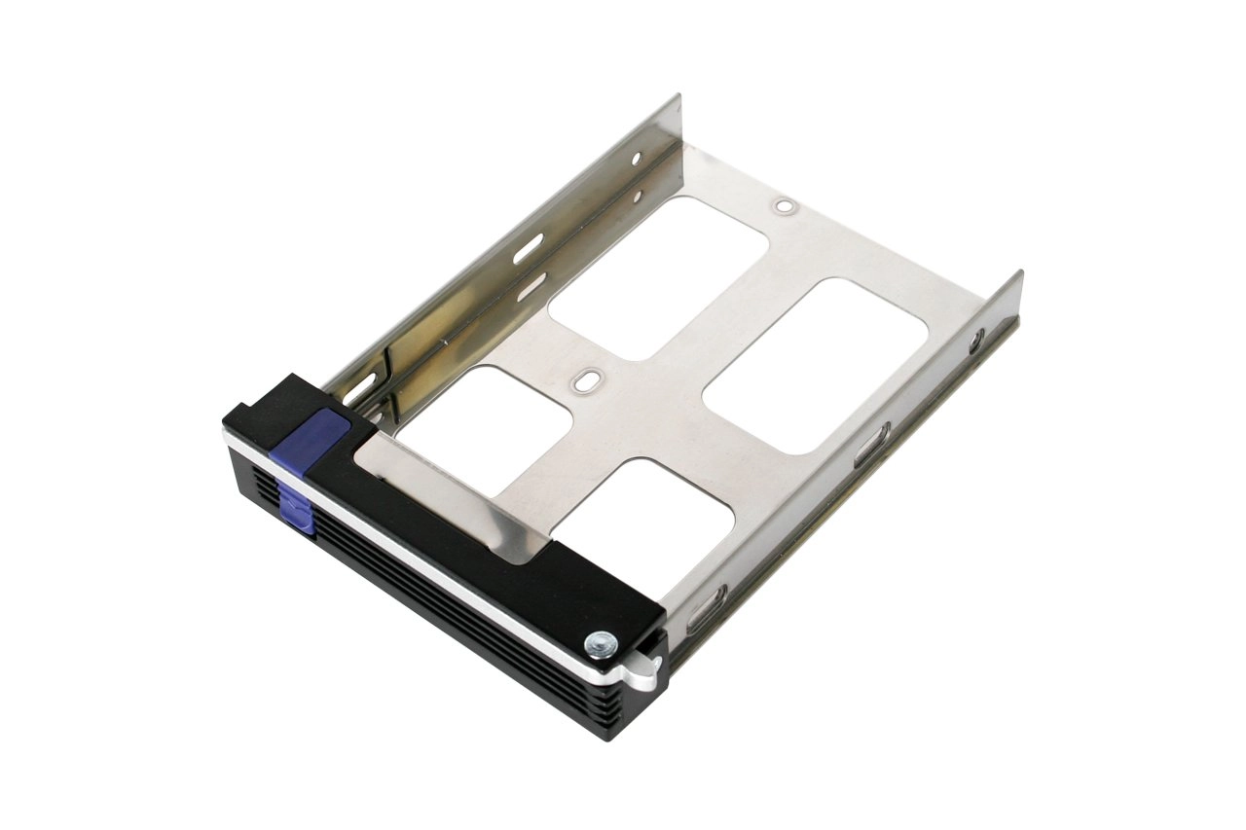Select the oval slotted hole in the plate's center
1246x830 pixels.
tap(584, 380)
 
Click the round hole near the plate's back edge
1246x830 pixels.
tap(784, 207)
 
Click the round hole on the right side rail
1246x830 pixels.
tap(976, 340)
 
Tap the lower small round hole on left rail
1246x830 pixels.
tap(637, 198)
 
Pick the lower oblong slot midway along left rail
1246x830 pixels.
tap(529, 283)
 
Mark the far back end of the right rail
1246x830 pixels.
tap(1017, 276)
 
